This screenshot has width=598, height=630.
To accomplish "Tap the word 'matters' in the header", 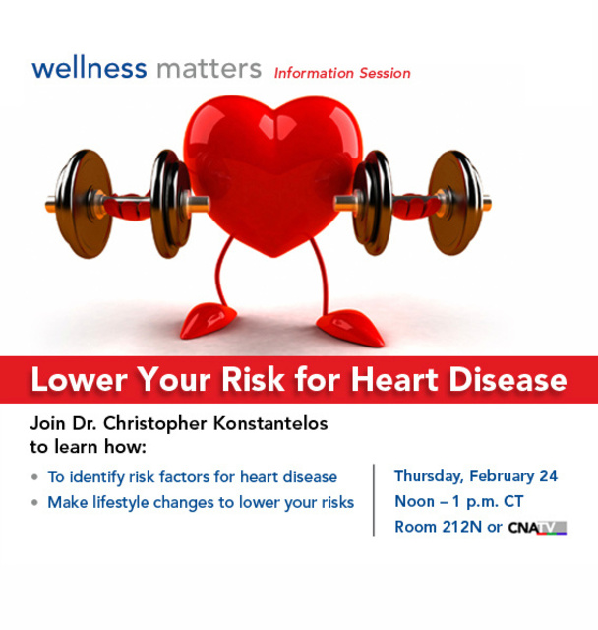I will tap(208, 69).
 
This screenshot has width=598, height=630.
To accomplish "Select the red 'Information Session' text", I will tap(342, 73).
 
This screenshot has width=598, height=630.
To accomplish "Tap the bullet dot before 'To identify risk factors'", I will tap(36, 477).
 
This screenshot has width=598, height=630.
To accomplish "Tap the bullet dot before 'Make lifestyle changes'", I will tap(36, 503).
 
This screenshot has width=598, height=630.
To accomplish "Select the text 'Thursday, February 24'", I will tap(476, 476).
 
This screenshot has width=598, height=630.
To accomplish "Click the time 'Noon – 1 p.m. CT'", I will tap(458, 501).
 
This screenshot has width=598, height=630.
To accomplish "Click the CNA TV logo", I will tap(537, 528).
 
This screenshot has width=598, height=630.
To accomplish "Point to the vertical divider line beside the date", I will tap(374, 500).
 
